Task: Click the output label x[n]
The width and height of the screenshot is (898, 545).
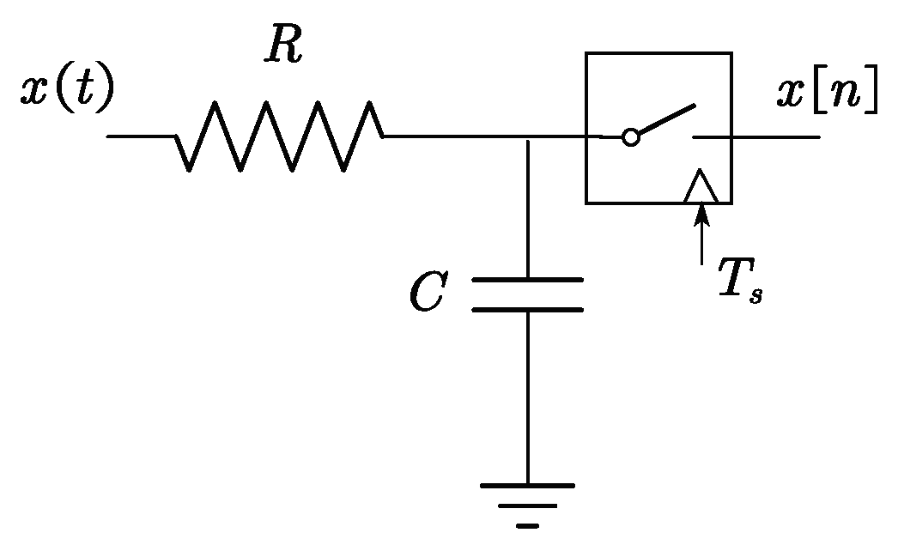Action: pyautogui.click(x=827, y=93)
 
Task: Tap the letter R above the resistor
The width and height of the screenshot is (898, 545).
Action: pyautogui.click(x=284, y=47)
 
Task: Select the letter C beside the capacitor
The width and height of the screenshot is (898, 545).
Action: pyautogui.click(x=427, y=294)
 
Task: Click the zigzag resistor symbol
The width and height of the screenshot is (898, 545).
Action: pyautogui.click(x=279, y=136)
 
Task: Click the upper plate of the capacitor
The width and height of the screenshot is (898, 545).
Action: pyautogui.click(x=527, y=280)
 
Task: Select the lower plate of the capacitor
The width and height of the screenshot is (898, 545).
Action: pyautogui.click(x=527, y=309)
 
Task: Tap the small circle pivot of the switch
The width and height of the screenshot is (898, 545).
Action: pyautogui.click(x=630, y=137)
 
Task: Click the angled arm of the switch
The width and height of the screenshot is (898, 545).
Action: pyautogui.click(x=666, y=121)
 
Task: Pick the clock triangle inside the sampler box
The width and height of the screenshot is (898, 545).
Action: pyautogui.click(x=701, y=188)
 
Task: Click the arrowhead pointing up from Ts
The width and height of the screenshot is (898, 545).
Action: pyautogui.click(x=702, y=215)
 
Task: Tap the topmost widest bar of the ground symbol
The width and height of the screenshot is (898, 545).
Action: pyautogui.click(x=527, y=486)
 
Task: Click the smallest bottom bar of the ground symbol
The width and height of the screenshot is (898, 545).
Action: pyautogui.click(x=527, y=524)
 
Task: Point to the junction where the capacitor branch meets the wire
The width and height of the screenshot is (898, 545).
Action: pyautogui.click(x=527, y=137)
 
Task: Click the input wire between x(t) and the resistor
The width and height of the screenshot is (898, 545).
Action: pyautogui.click(x=141, y=136)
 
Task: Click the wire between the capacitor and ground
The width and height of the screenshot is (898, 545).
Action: pyautogui.click(x=527, y=395)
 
